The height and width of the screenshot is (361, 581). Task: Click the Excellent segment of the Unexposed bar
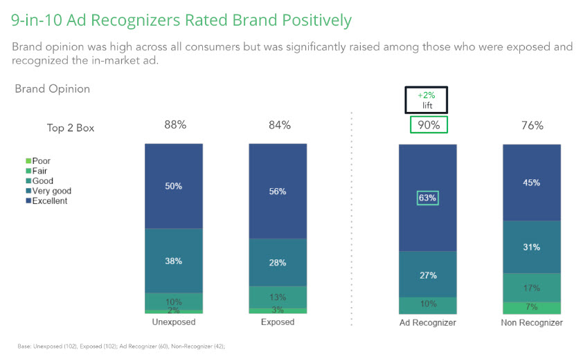[x=174, y=185]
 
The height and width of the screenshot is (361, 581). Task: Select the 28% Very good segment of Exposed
[x=278, y=262]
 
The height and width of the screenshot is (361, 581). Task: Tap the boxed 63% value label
[x=427, y=198]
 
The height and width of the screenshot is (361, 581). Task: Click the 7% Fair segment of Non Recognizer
[x=532, y=307]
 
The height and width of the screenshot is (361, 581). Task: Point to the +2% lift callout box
[x=427, y=100]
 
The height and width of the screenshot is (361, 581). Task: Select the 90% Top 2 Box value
[x=428, y=125]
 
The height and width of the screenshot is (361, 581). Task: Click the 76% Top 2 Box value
[x=532, y=125]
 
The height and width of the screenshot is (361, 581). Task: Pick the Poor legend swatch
[x=27, y=161]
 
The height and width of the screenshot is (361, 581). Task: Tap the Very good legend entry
[x=51, y=191]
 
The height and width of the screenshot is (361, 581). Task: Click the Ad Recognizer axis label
[x=427, y=322]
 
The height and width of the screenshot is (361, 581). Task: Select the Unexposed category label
[x=173, y=322]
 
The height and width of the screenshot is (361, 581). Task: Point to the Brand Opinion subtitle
[x=52, y=89]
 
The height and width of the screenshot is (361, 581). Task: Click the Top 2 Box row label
[x=71, y=127]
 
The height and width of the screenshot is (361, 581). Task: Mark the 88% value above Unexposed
[x=175, y=125]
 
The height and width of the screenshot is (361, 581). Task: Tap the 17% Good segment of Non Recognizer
[x=532, y=287]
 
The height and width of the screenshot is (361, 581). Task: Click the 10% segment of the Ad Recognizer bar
[x=427, y=305]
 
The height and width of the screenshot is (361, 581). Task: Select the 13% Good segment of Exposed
[x=278, y=297]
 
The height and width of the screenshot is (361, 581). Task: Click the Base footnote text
[x=121, y=346]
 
